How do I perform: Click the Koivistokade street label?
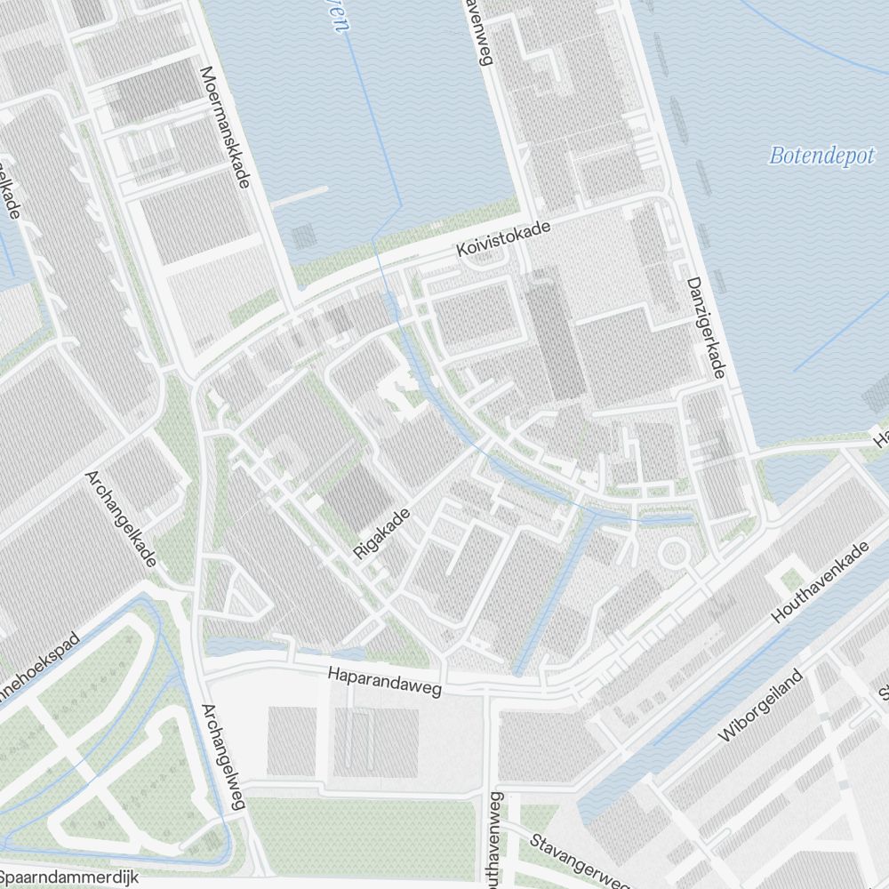coord(503,240)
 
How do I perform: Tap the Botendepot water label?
coord(822,156)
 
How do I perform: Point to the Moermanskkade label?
coord(224,127)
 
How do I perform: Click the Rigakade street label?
coord(382,533)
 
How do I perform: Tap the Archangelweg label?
coord(223,757)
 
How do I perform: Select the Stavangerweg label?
coord(578,860)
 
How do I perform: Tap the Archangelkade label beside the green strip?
coord(122,518)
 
